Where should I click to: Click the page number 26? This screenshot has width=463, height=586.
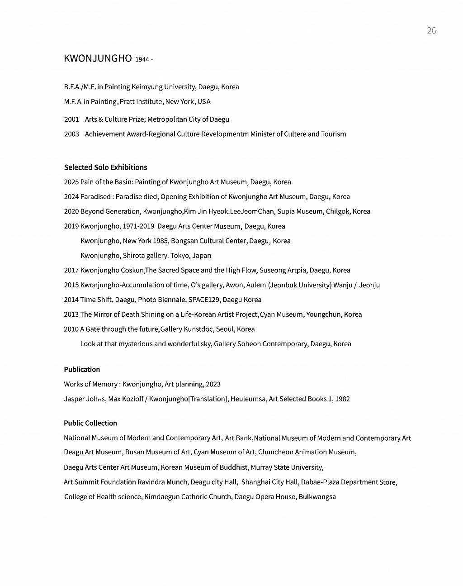click(x=431, y=30)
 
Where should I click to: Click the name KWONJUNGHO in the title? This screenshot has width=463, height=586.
click(x=98, y=58)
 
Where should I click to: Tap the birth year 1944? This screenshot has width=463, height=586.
click(x=142, y=59)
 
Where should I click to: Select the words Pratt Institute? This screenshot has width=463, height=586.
click(x=141, y=101)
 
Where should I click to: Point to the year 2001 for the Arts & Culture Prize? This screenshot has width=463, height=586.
click(x=71, y=119)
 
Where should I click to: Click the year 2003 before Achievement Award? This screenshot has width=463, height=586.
click(x=71, y=134)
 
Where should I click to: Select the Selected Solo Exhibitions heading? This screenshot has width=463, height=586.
click(x=105, y=167)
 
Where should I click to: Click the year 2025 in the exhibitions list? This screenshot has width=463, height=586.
click(x=71, y=182)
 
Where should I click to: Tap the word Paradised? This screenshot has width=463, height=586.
click(x=95, y=197)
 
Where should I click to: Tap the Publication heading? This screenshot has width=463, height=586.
click(x=82, y=369)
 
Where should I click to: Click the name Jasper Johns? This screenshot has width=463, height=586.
click(x=85, y=399)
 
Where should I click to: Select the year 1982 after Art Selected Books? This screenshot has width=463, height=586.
click(x=342, y=399)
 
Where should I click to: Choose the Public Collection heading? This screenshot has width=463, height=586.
click(x=90, y=423)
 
